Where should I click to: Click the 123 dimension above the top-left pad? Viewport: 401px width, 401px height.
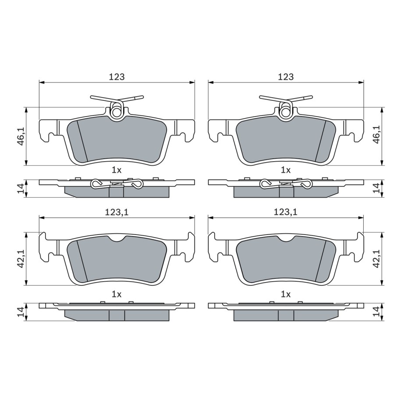click(117, 77)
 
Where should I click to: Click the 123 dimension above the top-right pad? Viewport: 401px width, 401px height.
click(286, 77)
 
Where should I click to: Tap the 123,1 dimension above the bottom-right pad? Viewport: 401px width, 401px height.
click(285, 212)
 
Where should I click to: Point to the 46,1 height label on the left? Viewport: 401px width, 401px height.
click(21, 136)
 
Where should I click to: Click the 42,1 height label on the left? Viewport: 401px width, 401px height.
click(21, 259)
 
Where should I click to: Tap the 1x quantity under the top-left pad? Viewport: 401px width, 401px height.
click(117, 170)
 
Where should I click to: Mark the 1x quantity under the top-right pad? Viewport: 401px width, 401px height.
click(286, 170)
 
